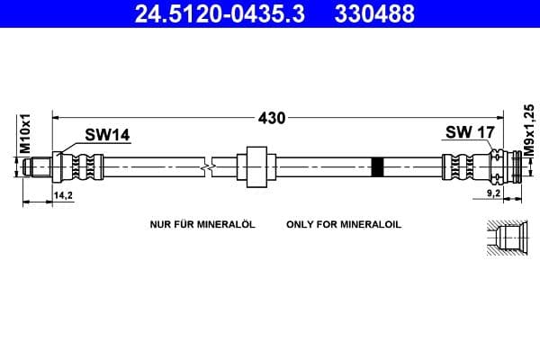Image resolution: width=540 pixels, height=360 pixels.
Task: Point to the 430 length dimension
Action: [272, 118]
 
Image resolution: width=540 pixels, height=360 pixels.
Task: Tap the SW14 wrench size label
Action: [107, 136]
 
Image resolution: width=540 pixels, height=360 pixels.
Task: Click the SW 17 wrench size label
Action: [470, 133]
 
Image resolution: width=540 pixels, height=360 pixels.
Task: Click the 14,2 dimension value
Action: [64, 193]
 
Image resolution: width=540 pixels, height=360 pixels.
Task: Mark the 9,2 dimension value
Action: [492, 193]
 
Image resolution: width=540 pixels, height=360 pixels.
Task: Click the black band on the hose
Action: [377, 166]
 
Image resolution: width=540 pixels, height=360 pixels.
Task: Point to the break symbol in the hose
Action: [209, 166]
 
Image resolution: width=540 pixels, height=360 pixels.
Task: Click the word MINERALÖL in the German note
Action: [224, 224]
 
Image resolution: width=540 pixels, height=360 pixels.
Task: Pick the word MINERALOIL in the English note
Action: [369, 224]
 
